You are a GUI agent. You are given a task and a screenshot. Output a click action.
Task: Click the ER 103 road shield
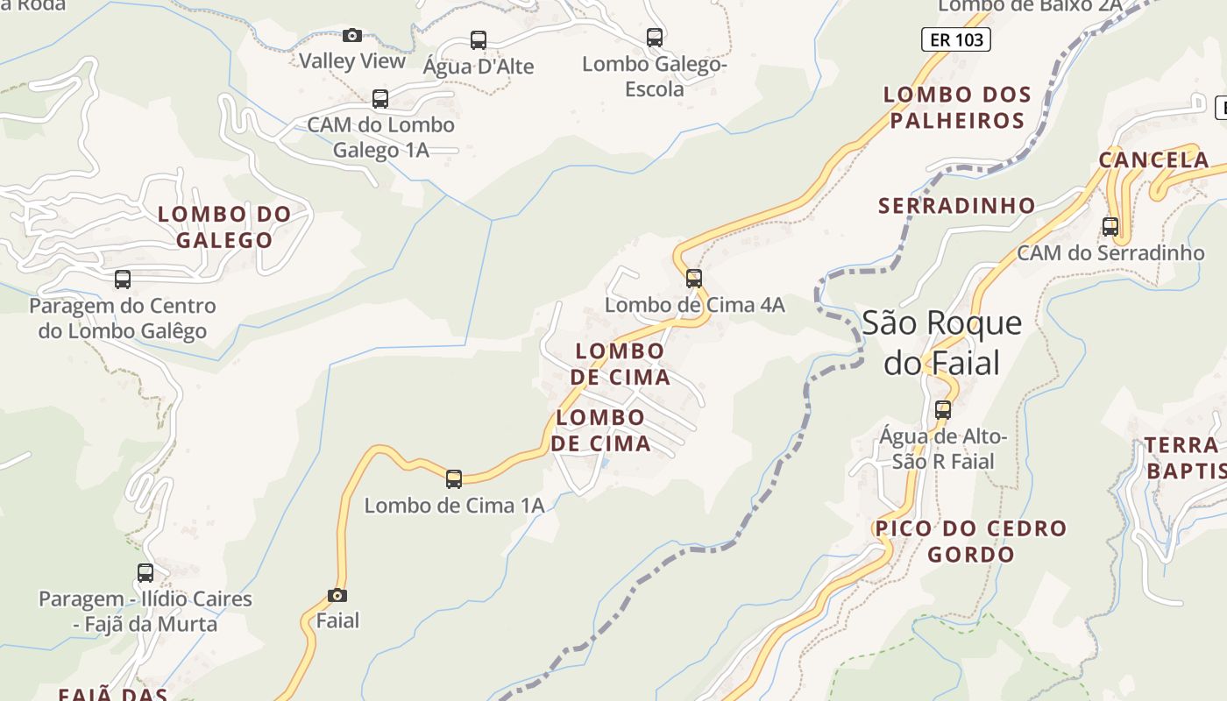(x=956, y=39)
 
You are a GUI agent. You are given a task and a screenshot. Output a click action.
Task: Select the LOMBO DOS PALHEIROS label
(x=957, y=107)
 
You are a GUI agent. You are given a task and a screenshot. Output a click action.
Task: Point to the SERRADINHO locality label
(x=957, y=206)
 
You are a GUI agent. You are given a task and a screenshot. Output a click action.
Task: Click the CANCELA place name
(x=1153, y=160)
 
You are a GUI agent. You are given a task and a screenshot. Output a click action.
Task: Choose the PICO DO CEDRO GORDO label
(x=971, y=542)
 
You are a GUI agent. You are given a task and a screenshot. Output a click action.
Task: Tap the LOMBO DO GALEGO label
(x=224, y=227)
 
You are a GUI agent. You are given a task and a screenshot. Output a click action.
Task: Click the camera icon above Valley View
(x=352, y=35)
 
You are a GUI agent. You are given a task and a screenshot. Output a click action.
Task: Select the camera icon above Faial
(x=337, y=596)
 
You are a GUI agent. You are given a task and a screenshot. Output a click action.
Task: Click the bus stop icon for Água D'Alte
(x=479, y=39)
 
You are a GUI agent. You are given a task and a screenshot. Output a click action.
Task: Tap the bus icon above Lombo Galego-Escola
(x=655, y=38)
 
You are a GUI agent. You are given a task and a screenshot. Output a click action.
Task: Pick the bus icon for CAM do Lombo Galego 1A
(x=380, y=98)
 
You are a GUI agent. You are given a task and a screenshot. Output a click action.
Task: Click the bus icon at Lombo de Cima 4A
(x=694, y=279)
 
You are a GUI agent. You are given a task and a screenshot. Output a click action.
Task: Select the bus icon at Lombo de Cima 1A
(x=454, y=479)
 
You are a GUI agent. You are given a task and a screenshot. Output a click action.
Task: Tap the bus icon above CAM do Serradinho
(x=1110, y=226)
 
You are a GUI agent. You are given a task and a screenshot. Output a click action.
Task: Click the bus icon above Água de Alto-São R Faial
(x=943, y=409)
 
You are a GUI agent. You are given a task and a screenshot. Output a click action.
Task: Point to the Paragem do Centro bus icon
(x=123, y=280)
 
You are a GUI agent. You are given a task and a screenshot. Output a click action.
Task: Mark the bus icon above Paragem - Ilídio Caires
(x=145, y=573)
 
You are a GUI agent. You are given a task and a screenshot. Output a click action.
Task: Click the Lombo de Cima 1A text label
(x=454, y=506)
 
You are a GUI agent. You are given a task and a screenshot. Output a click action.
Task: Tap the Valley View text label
(x=352, y=61)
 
